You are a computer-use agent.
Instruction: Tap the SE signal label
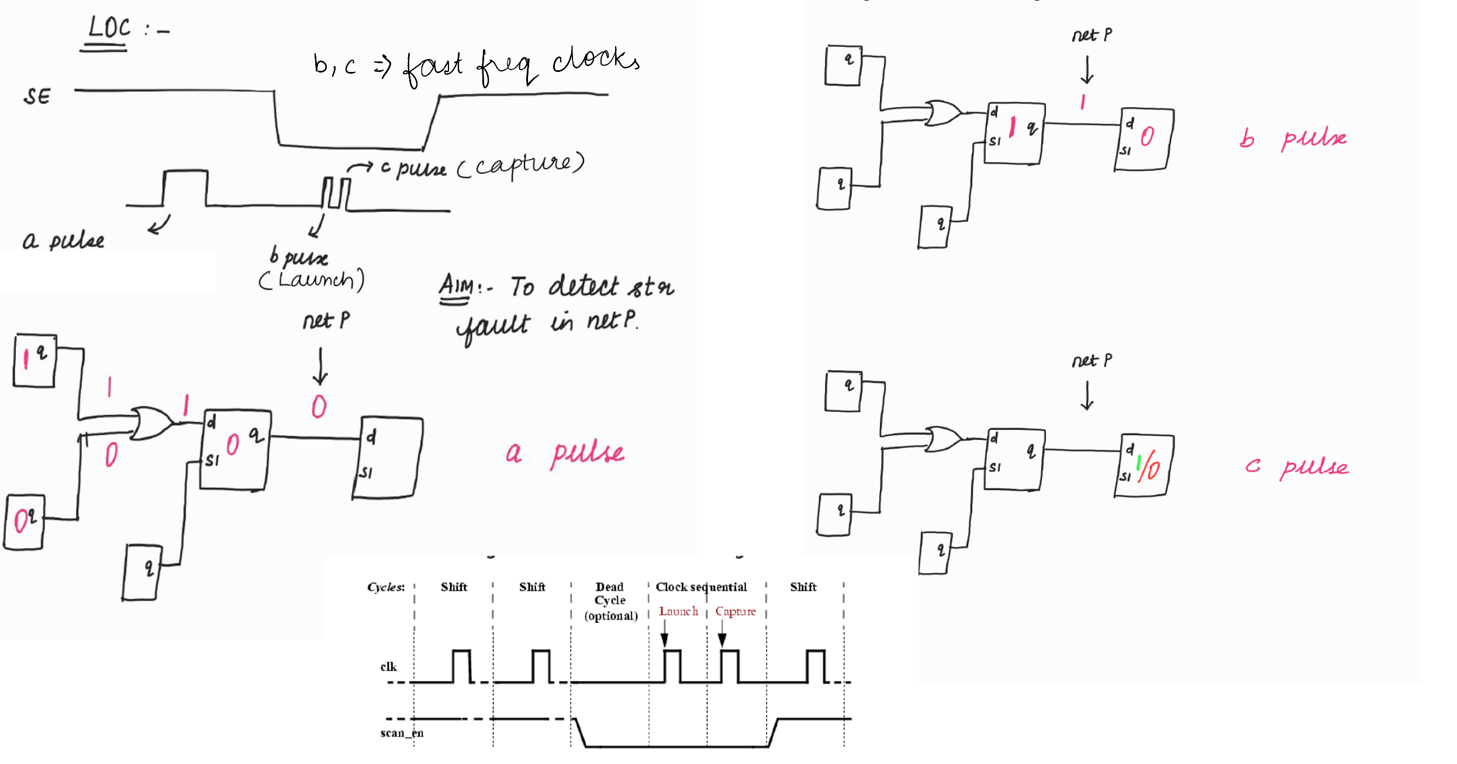coord(37,97)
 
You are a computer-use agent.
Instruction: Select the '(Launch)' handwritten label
coord(312,280)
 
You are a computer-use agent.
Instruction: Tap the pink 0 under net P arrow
coord(319,407)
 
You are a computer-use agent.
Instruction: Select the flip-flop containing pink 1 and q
coord(34,360)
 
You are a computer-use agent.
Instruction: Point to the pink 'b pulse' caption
coord(1292,139)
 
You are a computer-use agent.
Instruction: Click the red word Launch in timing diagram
coord(678,611)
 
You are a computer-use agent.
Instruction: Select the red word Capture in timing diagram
coord(735,611)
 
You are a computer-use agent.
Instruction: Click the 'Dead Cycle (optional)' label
coord(610,601)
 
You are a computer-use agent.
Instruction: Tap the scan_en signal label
coord(402,733)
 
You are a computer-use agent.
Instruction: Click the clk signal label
coord(388,667)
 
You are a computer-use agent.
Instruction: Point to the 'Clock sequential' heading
coord(701,587)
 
